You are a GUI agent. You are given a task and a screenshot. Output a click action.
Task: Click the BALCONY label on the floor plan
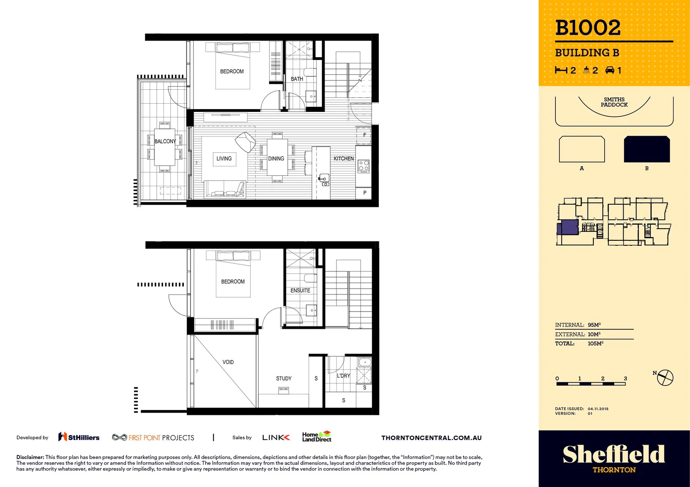(165, 141)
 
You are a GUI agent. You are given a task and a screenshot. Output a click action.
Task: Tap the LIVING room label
(224, 159)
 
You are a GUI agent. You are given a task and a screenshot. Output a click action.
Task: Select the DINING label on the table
(276, 159)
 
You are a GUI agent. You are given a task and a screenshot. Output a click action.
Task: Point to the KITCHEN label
(344, 159)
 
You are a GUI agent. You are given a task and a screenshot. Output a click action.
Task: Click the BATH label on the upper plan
(297, 79)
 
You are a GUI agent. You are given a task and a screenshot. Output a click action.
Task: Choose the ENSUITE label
(300, 291)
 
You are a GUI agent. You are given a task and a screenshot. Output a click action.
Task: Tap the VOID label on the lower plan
(228, 362)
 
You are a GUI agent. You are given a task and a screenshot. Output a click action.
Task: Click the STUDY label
(284, 378)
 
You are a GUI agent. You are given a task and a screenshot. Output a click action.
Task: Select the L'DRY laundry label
(343, 376)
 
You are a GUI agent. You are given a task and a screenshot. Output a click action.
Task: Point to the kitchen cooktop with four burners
(364, 166)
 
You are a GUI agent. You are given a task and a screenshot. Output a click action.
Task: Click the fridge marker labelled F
(364, 135)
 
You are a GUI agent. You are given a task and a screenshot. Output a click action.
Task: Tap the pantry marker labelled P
(364, 193)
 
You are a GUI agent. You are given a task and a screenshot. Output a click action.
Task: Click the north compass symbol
(665, 377)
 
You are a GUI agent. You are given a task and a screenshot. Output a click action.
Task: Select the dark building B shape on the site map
(647, 149)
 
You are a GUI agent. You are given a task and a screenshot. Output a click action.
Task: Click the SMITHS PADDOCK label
(614, 102)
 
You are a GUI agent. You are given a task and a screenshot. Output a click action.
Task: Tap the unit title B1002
(587, 28)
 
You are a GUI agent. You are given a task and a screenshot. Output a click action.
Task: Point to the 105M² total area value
(595, 344)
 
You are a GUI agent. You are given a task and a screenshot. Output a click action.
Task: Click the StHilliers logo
(79, 437)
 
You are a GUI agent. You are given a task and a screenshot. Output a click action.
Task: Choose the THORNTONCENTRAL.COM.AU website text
(431, 438)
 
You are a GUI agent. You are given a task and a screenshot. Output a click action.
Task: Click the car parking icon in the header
(610, 70)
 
